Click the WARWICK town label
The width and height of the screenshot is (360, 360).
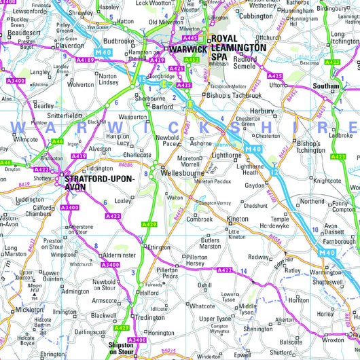coord(187,50)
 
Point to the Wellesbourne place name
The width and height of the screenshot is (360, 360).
coord(183,173)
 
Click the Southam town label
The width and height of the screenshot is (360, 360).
coord(327,86)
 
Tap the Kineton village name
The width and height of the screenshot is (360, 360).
coord(238,219)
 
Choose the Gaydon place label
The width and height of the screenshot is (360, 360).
coord(255,185)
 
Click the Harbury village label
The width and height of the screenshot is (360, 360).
coord(262,111)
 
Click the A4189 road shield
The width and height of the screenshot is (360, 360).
coord(87,60)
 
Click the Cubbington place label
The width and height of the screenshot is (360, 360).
coord(256,16)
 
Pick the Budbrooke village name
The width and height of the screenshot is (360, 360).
coord(119,41)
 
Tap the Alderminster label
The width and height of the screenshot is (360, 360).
coord(109,257)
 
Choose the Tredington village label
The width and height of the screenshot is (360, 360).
coord(149,317)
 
